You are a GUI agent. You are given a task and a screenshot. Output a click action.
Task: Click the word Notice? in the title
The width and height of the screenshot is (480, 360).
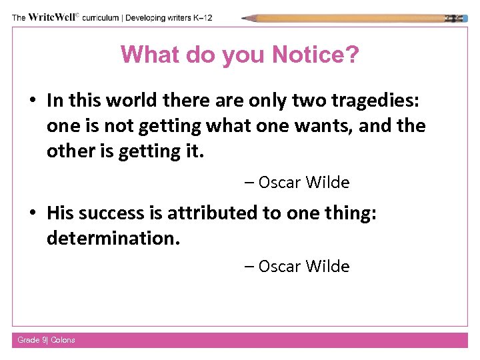pyautogui.click(x=307, y=55)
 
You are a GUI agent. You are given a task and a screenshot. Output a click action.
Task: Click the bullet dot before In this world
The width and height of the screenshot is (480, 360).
pyautogui.click(x=32, y=101)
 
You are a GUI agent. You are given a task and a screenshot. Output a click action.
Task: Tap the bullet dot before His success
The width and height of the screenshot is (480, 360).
pyautogui.click(x=32, y=213)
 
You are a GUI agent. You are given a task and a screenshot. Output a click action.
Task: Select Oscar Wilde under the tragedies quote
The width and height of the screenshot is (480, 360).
pyautogui.click(x=304, y=182)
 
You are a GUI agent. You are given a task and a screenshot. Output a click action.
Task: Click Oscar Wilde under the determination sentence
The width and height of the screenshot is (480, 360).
pyautogui.click(x=304, y=266)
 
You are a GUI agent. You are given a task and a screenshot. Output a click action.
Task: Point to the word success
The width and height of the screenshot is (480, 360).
pyautogui.click(x=107, y=213)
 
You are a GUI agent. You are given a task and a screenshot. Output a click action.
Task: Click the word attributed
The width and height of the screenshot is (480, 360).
pyautogui.click(x=204, y=213)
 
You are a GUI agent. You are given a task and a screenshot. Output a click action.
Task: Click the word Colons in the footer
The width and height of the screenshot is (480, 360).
pyautogui.click(x=63, y=340)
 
